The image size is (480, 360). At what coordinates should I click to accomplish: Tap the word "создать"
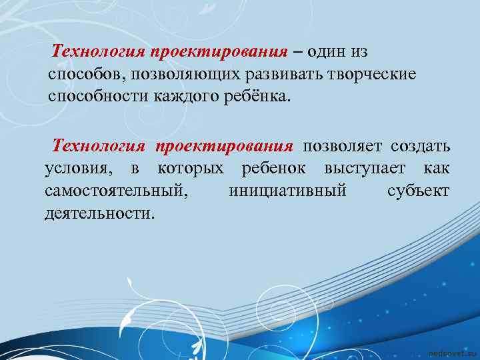coord(421,147)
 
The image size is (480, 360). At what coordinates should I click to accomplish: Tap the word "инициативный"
coord(287,192)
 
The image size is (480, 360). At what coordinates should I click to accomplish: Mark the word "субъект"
coord(419,192)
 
